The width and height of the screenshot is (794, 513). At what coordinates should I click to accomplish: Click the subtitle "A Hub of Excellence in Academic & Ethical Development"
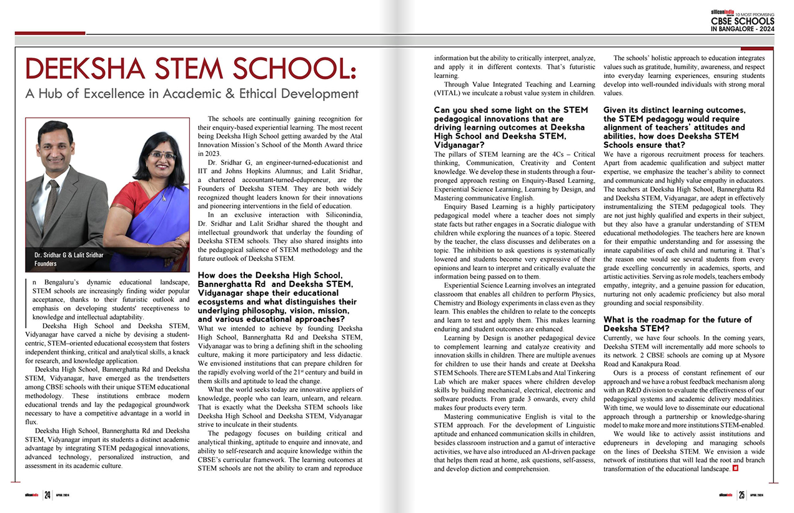[191, 94]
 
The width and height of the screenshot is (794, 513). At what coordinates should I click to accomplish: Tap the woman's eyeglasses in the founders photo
[162, 155]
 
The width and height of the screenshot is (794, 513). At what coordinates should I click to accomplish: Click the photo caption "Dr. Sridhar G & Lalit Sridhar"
[69, 255]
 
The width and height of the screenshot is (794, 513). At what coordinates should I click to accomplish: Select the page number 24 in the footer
[47, 496]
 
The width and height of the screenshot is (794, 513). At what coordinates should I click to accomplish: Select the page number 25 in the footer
[742, 496]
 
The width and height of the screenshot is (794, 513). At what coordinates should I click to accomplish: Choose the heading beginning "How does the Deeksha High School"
[278, 297]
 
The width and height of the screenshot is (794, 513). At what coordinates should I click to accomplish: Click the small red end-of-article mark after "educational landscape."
[735, 469]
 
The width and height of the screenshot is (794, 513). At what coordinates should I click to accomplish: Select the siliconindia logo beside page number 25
[727, 496]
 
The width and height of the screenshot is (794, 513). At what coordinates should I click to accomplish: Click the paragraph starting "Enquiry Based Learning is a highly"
[514, 241]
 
